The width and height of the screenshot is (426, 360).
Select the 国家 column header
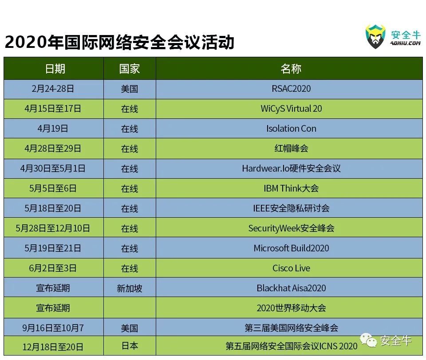tap(129, 69)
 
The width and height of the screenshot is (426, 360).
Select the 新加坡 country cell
tap(129, 288)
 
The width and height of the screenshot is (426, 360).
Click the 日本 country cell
tap(130, 346)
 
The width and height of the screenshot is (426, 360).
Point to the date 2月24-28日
tap(53, 89)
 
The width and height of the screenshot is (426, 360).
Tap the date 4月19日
tap(53, 129)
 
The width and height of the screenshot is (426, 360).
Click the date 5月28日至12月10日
tap(53, 228)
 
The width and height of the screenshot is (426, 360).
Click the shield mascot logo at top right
tap(375, 37)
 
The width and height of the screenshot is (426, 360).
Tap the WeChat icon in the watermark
tap(368, 340)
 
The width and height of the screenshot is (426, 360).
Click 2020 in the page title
tap(26, 43)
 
